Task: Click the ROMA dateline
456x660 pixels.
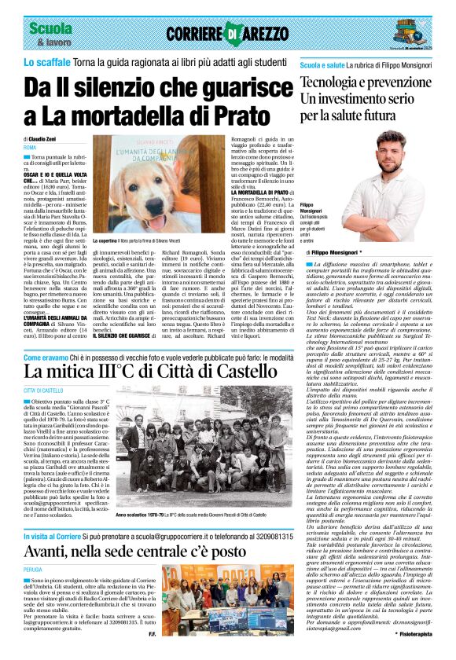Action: [x=30, y=147]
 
